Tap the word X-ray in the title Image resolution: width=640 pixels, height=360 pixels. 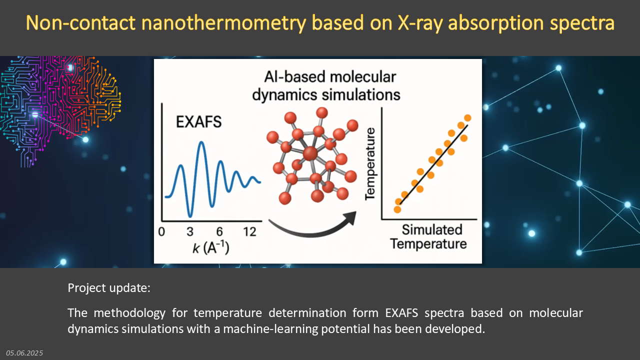point(420,23)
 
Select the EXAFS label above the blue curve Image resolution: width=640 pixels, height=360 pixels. point(199,121)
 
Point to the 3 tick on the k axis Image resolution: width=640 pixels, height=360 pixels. point(190,231)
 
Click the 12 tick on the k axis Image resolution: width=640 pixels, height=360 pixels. point(249,231)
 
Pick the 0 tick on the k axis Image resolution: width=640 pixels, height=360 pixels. point(161,231)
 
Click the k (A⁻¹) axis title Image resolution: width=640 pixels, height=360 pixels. point(211,247)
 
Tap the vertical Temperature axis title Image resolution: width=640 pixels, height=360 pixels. point(370,164)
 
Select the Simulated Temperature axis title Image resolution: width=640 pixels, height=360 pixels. point(428,237)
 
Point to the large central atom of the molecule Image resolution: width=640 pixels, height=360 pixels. point(310,153)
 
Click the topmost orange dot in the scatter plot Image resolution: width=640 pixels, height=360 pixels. point(467,117)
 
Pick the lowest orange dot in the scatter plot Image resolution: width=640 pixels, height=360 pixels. point(397,209)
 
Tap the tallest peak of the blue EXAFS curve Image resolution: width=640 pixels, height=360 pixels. point(201,142)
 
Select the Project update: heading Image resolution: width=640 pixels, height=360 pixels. point(109,288)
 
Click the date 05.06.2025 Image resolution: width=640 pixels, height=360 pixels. point(24,353)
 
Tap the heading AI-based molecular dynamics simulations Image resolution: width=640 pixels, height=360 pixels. point(326,85)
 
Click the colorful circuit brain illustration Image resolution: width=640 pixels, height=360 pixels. point(60,110)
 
